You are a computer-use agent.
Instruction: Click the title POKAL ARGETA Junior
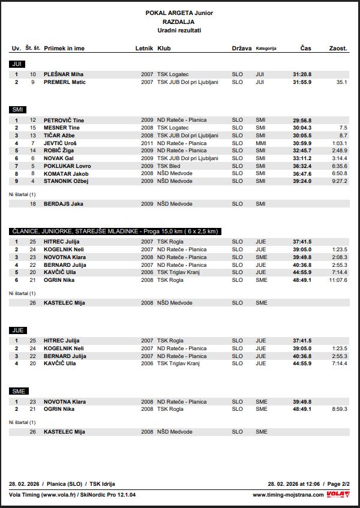pos(179,13)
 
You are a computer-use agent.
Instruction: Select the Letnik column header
pos(144,48)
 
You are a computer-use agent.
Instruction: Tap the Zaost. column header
pos(338,48)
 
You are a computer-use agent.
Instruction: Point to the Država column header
pos(242,48)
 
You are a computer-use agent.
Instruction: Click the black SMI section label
pos(17,109)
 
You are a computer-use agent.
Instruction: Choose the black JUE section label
pos(17,330)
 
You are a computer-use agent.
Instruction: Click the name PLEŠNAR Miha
pos(64,74)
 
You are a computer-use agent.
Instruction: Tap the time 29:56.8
pos(302,121)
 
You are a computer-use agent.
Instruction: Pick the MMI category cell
pos(260,143)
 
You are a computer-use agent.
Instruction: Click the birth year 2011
pos(147,143)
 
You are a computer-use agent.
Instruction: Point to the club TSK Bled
pos(169,166)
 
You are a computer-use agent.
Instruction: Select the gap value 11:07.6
pos(338,280)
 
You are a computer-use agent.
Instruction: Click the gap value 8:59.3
pos(339,409)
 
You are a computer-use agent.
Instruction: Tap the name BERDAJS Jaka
pos(64,204)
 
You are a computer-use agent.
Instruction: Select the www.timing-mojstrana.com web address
pos(288,495)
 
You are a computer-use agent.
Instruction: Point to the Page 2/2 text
pos(338,483)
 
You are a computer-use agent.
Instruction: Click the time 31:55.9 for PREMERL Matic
pos(302,82)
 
